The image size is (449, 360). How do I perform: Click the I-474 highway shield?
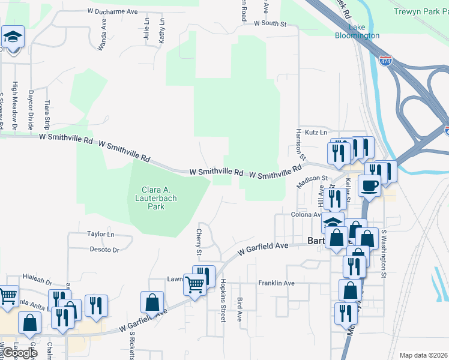pyautogui.click(x=387, y=61)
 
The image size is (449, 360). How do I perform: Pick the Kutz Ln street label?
pyautogui.click(x=316, y=132)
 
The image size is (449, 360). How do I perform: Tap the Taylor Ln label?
pyautogui.click(x=100, y=234)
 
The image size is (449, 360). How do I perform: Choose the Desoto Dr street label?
pyautogui.click(x=104, y=249)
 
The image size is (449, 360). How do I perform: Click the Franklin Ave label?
pyautogui.click(x=276, y=283)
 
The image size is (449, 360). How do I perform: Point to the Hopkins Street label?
pyautogui.click(x=222, y=301)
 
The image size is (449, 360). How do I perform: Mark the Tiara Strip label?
pyautogui.click(x=47, y=115)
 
